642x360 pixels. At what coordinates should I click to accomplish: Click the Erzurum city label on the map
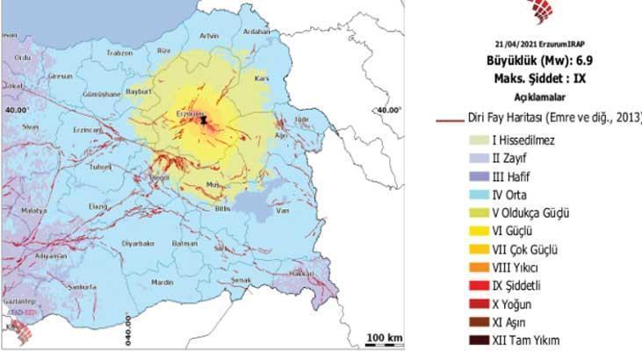click(x=190, y=113)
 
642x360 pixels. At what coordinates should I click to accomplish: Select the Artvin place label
click(x=209, y=36)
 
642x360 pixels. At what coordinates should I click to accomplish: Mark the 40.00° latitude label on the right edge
click(x=388, y=110)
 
